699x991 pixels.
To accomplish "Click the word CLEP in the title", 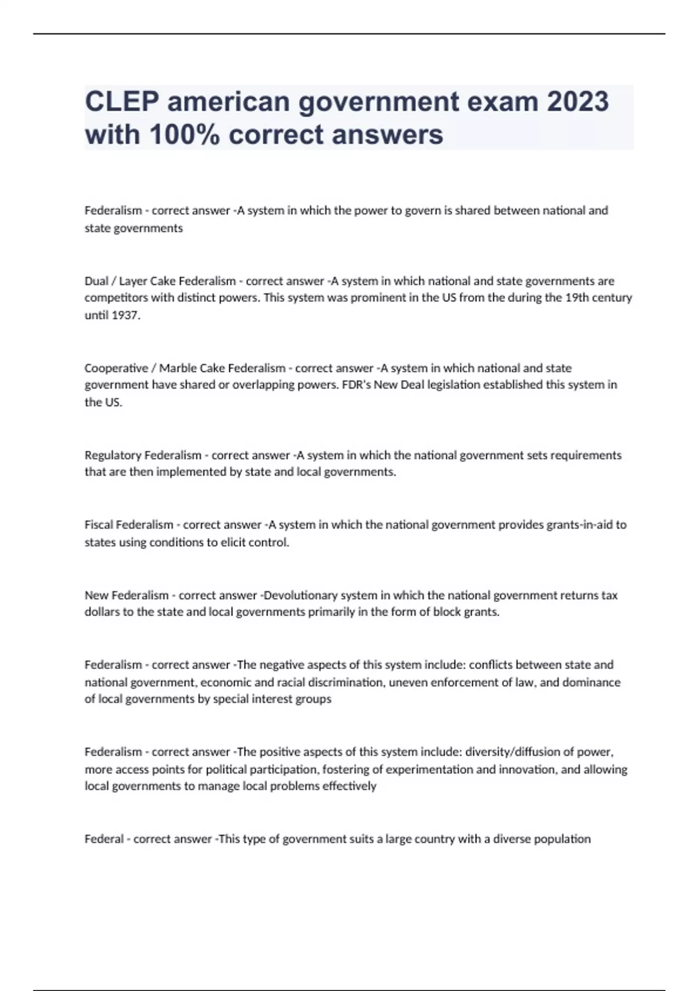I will pyautogui.click(x=122, y=101).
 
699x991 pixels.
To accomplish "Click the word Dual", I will pyautogui.click(x=97, y=281).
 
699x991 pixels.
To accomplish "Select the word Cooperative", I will pyautogui.click(x=116, y=368).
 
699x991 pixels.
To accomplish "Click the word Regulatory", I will pyautogui.click(x=112, y=455).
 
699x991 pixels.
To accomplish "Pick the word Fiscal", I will pyautogui.click(x=98, y=525).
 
